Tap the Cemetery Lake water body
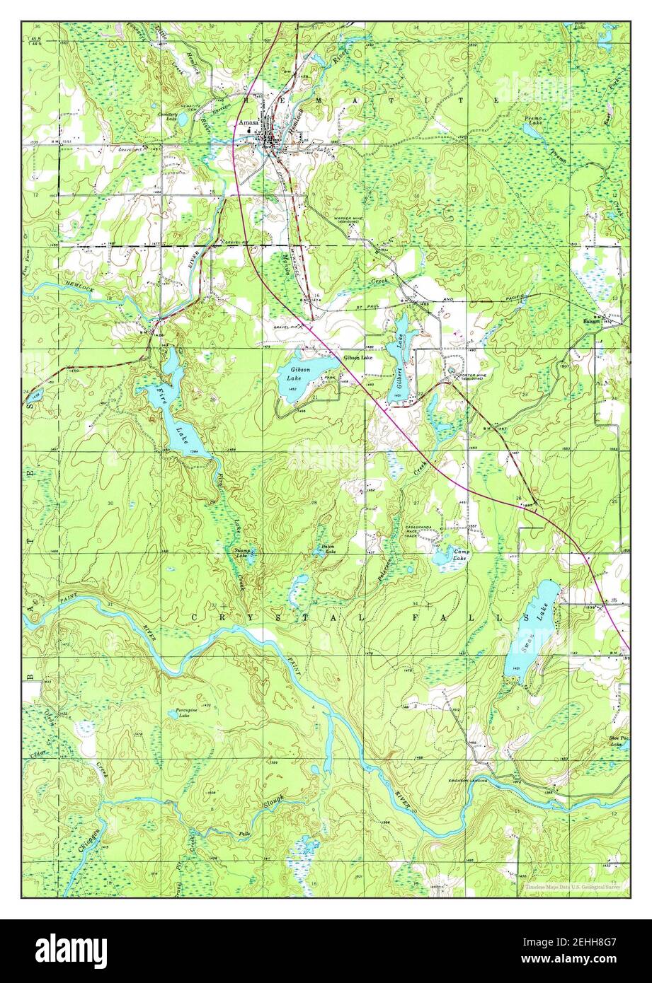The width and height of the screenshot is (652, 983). click(x=182, y=120)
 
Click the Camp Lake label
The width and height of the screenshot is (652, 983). click(x=461, y=555)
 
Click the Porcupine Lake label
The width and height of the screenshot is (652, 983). click(x=183, y=714)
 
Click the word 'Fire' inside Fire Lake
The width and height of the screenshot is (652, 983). click(x=161, y=391)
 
